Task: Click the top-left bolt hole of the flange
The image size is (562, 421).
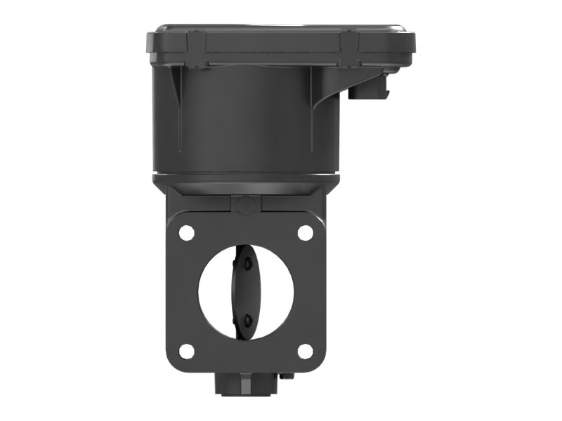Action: (186, 232)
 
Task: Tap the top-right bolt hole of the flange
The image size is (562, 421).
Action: (305, 232)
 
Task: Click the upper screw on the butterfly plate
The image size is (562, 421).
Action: (247, 264)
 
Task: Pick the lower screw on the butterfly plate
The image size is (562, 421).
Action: (247, 320)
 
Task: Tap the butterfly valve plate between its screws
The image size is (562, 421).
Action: (246, 292)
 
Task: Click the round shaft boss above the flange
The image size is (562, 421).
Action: (245, 205)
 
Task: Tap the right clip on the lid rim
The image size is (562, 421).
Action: (350, 41)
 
